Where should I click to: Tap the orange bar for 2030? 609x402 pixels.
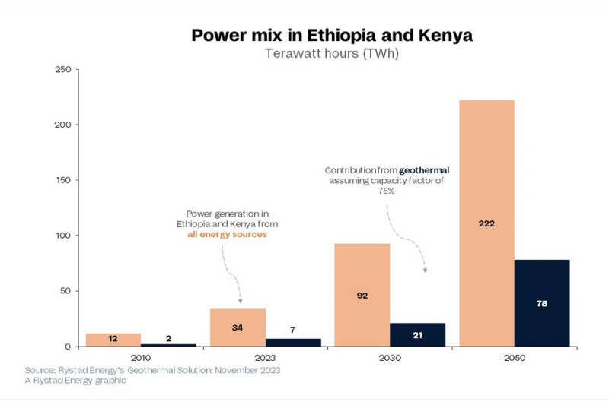point(362,295)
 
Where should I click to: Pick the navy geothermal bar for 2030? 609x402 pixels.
point(418,334)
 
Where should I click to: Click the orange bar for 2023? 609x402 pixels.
point(238,327)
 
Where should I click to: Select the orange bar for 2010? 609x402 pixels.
point(113,340)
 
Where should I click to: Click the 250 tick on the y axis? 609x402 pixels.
point(63,70)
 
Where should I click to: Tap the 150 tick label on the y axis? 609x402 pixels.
point(63,180)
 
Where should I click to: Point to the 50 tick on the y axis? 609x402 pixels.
point(66,291)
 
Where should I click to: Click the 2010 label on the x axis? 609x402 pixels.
point(141,358)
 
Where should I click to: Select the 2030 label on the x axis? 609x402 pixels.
point(390,358)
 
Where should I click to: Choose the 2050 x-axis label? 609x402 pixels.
point(515,358)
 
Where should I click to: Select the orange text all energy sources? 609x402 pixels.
point(228,235)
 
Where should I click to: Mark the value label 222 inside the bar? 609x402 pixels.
point(487,224)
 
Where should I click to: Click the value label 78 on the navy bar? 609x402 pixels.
point(542,303)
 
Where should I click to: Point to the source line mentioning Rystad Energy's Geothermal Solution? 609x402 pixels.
point(152,370)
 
